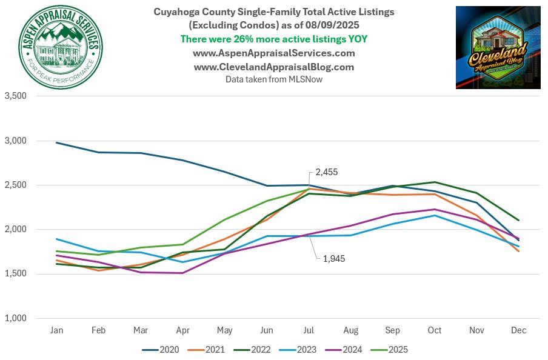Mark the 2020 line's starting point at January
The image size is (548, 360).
click(x=56, y=142)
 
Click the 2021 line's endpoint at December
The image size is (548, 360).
click(x=519, y=251)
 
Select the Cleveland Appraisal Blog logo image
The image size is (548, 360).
click(x=498, y=47)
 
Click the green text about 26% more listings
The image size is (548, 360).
click(x=273, y=39)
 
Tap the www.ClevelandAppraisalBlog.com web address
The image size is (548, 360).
click(x=273, y=67)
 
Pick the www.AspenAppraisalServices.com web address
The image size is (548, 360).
click(x=273, y=53)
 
